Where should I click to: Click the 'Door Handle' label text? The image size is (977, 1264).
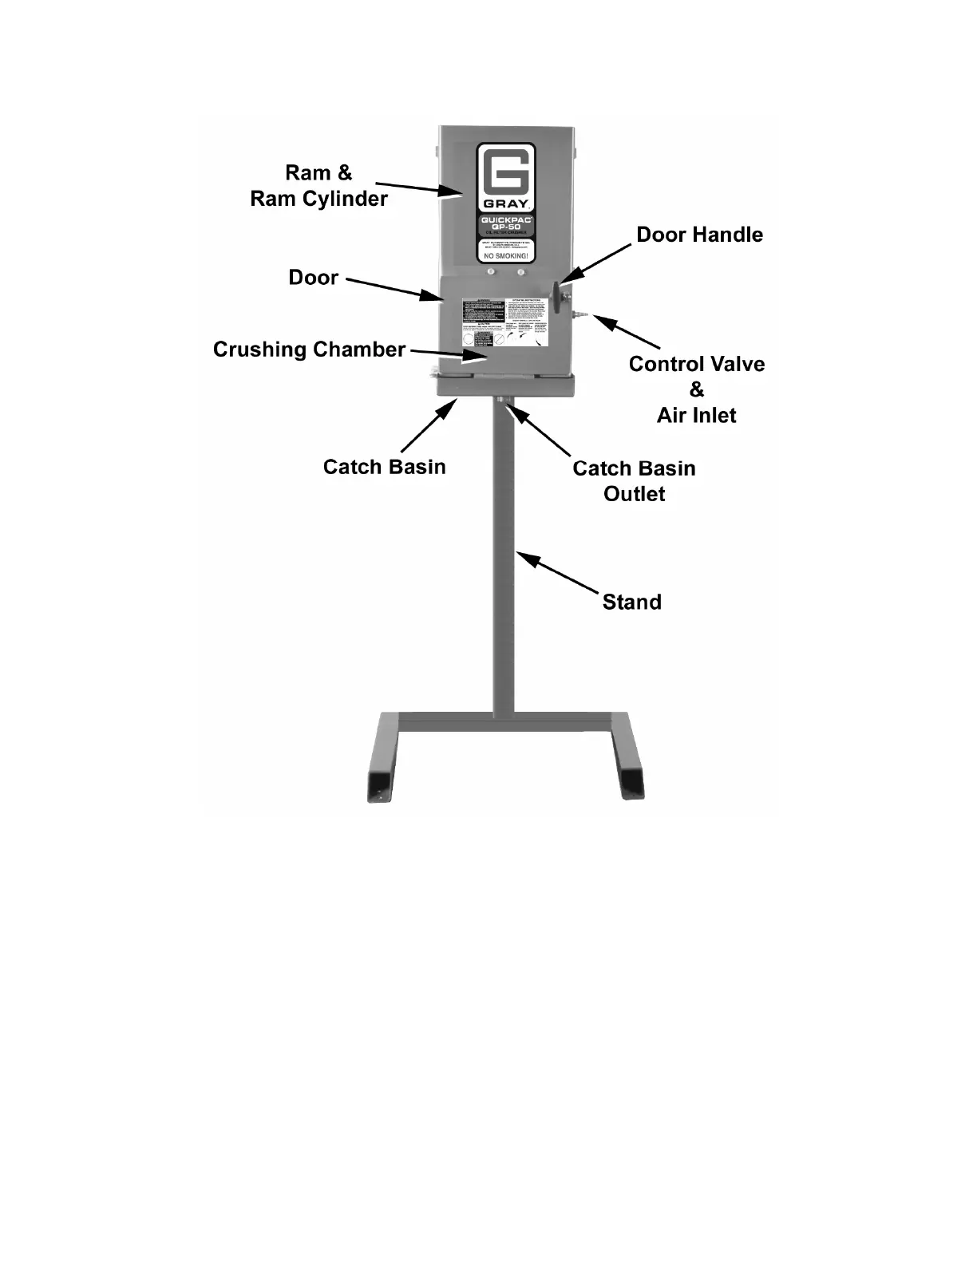(699, 235)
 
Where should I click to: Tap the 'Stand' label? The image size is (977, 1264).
(631, 602)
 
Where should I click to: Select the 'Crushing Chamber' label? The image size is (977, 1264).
(309, 350)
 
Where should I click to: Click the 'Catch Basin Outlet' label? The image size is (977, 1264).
(634, 480)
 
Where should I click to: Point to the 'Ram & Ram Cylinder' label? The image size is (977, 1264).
(318, 185)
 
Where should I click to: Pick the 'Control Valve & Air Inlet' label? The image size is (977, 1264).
(696, 389)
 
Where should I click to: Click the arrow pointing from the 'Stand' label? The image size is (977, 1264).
(557, 573)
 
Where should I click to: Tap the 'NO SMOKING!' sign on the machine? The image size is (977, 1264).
(505, 255)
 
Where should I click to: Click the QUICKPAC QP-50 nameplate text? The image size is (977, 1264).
(505, 224)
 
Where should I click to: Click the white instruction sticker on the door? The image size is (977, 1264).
(505, 323)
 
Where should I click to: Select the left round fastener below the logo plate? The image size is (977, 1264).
(490, 273)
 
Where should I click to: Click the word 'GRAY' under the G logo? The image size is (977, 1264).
(505, 203)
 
